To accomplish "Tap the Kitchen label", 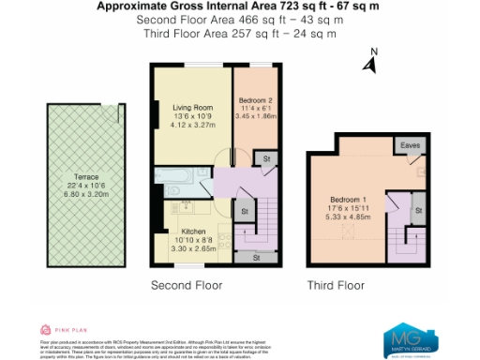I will (x=194, y=231).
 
